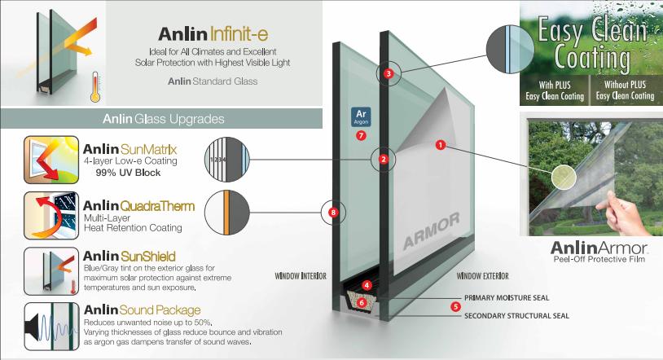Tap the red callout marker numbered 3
(389, 74)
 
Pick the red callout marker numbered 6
(362, 303)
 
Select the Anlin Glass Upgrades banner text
(164, 120)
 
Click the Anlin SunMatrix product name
(130, 149)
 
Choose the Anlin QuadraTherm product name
(138, 206)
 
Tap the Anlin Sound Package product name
(142, 310)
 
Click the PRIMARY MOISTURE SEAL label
(511, 298)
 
